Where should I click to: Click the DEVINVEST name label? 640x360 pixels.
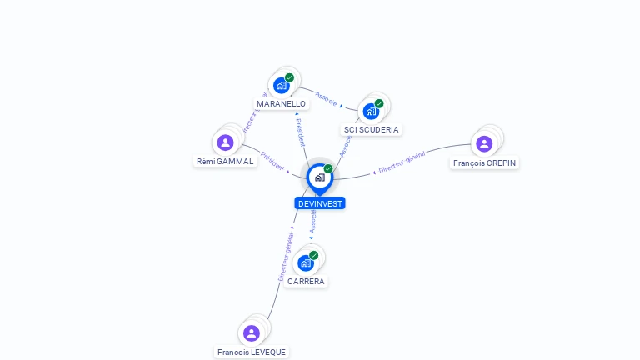tap(319, 203)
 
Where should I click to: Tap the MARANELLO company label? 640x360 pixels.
tap(281, 104)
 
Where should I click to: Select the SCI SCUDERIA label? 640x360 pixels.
tap(372, 130)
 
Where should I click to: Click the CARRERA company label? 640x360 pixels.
tap(306, 282)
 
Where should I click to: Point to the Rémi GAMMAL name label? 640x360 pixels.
tap(225, 162)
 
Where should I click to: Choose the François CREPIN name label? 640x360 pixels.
tap(484, 163)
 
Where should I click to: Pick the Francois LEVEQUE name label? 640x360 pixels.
tap(252, 352)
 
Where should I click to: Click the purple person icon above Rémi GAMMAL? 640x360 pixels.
tap(225, 142)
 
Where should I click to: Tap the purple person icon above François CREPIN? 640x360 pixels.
tap(484, 143)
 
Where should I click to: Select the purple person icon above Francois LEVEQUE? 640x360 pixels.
tap(252, 333)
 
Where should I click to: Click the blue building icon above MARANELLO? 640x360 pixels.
tap(281, 85)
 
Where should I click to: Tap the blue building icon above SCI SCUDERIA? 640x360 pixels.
tap(371, 111)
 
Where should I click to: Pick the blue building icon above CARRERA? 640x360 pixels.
tap(305, 262)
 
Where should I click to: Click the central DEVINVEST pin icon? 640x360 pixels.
tap(319, 177)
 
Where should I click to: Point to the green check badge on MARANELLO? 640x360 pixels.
tap(289, 77)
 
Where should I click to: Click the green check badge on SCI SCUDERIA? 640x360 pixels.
tap(379, 103)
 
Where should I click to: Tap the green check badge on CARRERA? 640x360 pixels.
tap(313, 255)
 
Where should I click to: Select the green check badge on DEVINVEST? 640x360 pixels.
tap(328, 168)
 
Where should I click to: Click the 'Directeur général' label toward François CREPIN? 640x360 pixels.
tap(402, 162)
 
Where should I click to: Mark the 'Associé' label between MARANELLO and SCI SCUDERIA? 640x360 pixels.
tap(327, 99)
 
